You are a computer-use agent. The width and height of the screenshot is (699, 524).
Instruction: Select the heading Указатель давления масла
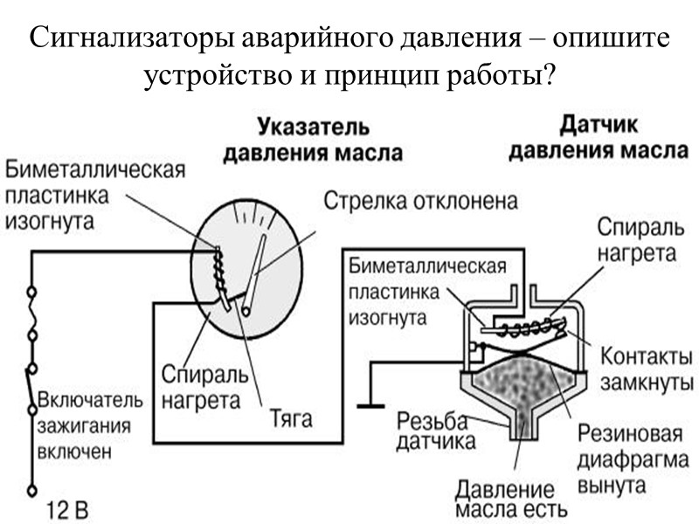pos(312,140)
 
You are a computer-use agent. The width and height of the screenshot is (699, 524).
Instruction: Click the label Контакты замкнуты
pos(647,369)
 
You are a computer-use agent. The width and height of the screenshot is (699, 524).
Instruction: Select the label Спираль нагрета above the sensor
pos(636,240)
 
